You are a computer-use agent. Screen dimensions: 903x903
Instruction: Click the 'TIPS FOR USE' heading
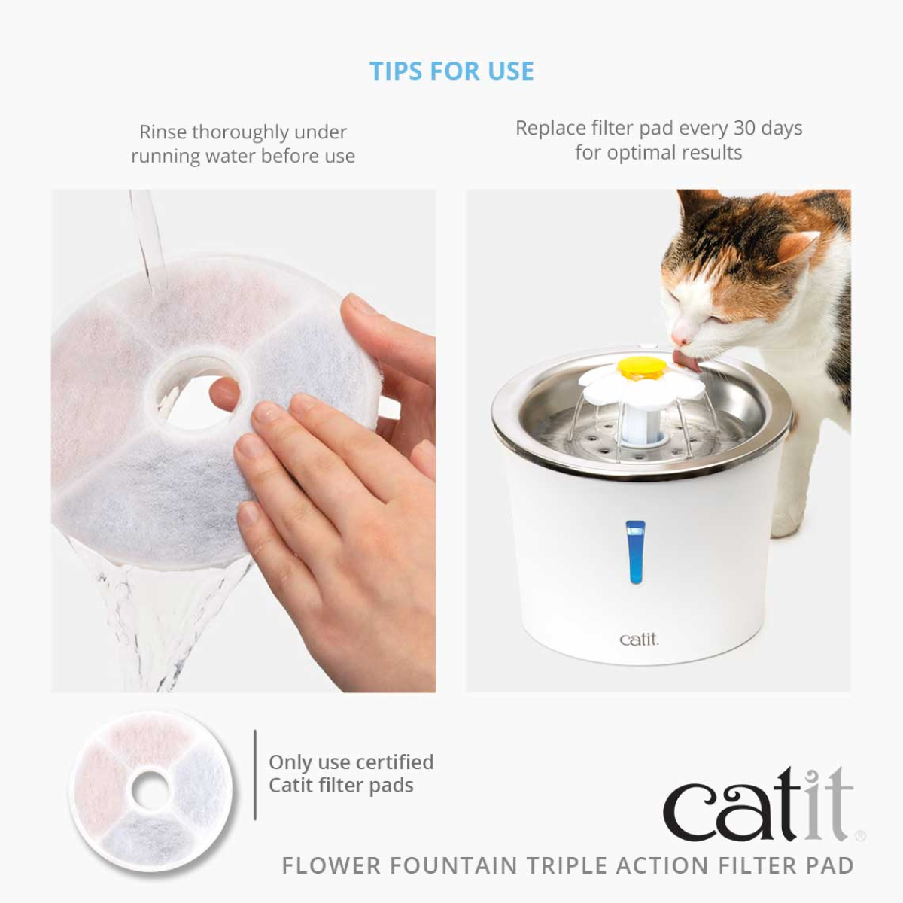point(451,71)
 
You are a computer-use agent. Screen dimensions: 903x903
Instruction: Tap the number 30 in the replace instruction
point(744,128)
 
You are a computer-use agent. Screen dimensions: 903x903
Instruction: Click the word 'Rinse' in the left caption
point(163,132)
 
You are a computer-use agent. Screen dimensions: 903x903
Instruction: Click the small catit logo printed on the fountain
point(639,640)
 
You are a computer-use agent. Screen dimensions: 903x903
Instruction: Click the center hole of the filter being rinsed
point(192,391)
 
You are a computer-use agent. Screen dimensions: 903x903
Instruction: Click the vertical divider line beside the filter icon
point(255,774)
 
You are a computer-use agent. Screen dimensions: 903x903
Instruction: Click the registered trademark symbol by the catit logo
point(861,835)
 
